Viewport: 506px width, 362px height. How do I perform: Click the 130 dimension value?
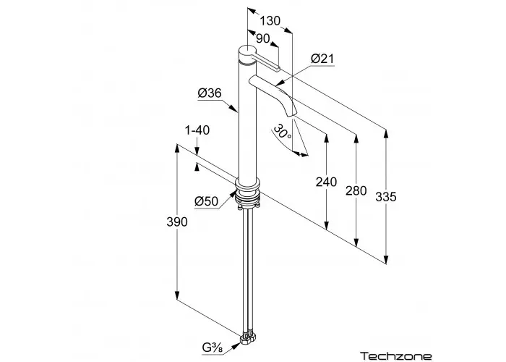click(270, 21)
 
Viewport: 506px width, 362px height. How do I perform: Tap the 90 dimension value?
click(262, 38)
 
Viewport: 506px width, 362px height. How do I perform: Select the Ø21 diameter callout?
click(322, 59)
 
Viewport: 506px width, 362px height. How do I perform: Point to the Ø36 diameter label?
click(210, 93)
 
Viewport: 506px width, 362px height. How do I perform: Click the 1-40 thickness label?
click(197, 130)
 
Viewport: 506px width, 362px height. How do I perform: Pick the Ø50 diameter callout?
click(207, 201)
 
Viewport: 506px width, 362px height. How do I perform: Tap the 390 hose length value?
click(177, 222)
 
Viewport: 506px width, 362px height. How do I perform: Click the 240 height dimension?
click(326, 182)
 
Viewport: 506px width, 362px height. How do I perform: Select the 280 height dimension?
click(356, 190)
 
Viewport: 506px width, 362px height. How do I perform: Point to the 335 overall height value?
click(385, 196)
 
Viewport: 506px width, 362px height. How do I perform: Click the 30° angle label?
click(282, 132)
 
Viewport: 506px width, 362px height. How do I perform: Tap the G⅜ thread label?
click(213, 348)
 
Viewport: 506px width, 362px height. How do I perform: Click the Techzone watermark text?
click(395, 356)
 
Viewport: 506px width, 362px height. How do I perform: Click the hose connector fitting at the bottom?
click(248, 337)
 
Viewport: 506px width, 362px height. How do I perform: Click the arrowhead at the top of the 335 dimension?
click(385, 133)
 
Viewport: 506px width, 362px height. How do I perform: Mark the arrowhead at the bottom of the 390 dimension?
click(177, 295)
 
